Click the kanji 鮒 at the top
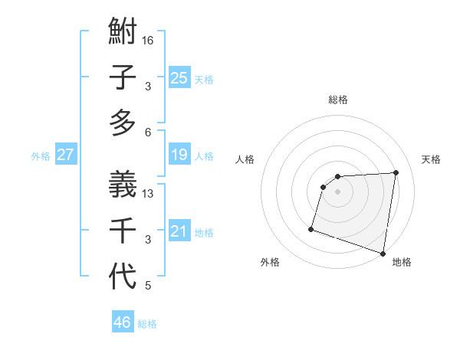click(x=123, y=34)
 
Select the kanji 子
click(x=123, y=79)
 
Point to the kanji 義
click(x=123, y=184)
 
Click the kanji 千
click(x=123, y=230)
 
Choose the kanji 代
click(x=123, y=276)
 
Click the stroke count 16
click(x=148, y=40)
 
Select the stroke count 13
click(x=148, y=193)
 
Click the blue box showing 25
click(x=179, y=77)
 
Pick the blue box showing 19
click(x=179, y=155)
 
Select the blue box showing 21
click(x=179, y=231)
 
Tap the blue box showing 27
click(x=65, y=155)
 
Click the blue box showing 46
click(x=122, y=322)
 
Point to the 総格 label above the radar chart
click(x=338, y=100)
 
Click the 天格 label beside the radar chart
click(x=432, y=159)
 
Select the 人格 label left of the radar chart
click(x=245, y=159)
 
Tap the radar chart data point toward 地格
click(x=383, y=253)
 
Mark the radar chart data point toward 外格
click(x=311, y=228)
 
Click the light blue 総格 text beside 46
click(x=147, y=324)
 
